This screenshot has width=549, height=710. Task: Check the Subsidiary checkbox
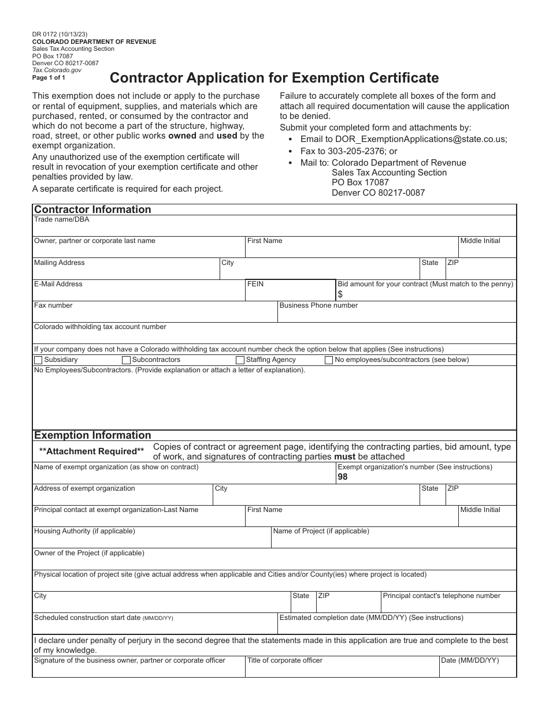[39, 360]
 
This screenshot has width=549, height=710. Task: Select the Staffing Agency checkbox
[240, 360]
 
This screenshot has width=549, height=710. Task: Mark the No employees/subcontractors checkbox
[329, 360]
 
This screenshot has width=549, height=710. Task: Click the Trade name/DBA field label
[61, 219]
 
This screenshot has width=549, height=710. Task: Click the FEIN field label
[255, 284]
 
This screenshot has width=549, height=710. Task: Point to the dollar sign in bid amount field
[340, 294]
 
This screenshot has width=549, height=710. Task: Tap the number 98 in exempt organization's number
[343, 477]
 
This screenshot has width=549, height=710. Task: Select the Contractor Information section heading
[92, 210]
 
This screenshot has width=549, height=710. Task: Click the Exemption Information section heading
[92, 435]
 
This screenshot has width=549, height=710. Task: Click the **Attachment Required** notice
[91, 451]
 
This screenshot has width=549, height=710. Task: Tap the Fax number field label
[53, 305]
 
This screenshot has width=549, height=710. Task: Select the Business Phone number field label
[318, 305]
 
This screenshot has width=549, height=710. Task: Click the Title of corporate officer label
[284, 660]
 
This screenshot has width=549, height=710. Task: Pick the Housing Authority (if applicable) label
[84, 531]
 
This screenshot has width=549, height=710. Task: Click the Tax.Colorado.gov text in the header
[57, 70]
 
